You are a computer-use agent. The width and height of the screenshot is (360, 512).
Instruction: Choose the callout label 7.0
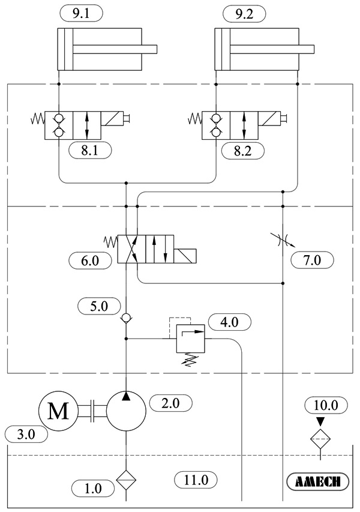[x=311, y=261]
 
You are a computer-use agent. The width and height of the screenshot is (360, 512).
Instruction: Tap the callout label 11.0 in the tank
[x=196, y=480]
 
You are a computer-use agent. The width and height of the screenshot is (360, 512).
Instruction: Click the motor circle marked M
[x=58, y=411]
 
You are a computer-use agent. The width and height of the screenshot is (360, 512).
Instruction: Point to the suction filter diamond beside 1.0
[x=127, y=480]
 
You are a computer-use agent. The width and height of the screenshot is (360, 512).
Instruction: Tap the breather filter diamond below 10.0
[x=320, y=439]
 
